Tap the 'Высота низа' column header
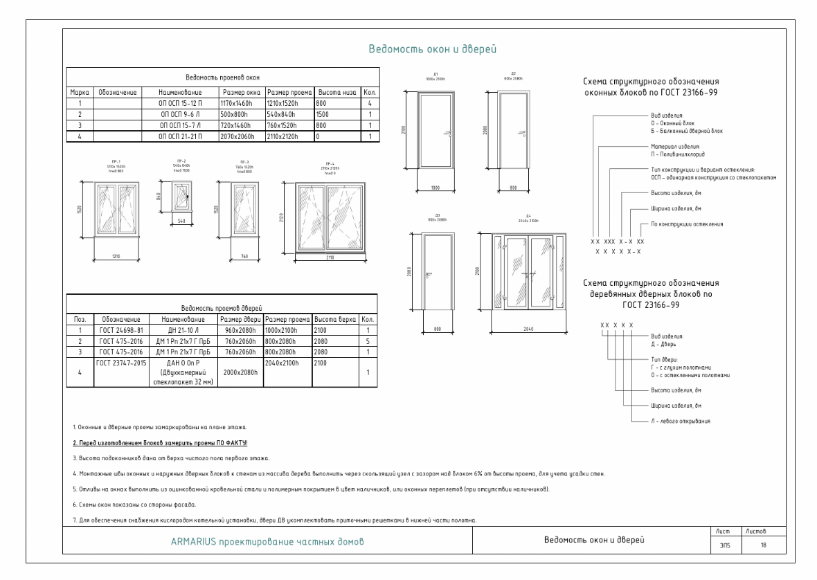click(337, 91)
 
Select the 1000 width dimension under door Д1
click(436, 188)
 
